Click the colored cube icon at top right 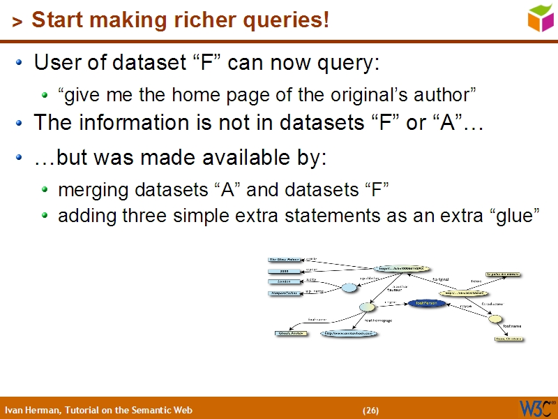[541, 18]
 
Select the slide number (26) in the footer [370, 410]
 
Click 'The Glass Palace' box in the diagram [285, 260]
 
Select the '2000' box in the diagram [285, 271]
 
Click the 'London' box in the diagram [285, 282]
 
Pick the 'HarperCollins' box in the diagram [285, 293]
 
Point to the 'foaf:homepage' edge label [379, 321]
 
